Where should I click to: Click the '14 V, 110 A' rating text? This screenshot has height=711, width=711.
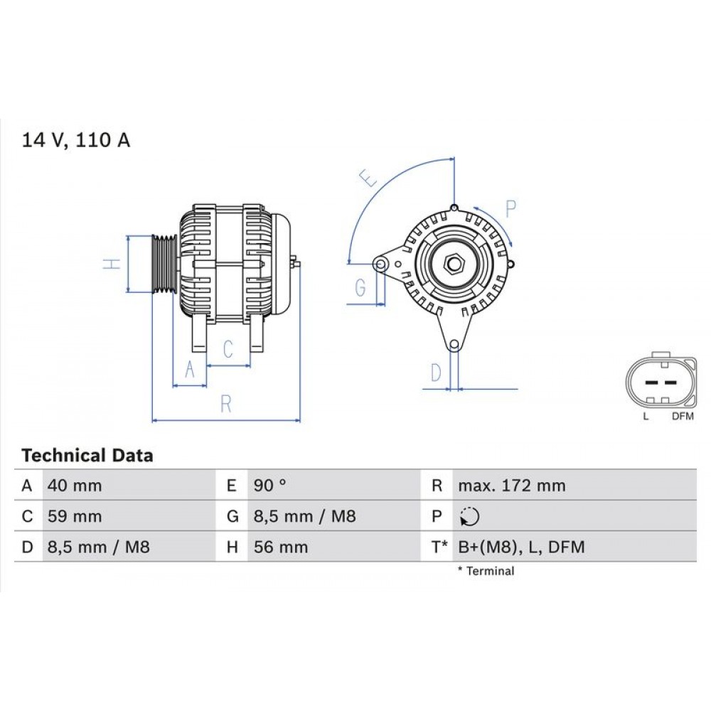[76, 140]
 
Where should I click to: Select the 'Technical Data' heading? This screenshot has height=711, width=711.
[87, 455]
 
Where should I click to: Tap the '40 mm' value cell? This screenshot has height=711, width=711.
[74, 486]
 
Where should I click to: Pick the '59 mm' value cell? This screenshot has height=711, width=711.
[74, 517]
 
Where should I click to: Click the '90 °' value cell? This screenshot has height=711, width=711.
[270, 486]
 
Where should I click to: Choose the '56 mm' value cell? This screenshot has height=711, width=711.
[281, 547]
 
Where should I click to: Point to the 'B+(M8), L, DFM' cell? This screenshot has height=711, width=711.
[520, 547]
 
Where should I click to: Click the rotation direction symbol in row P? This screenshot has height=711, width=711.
[469, 517]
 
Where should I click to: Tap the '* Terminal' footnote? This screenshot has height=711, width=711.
[486, 571]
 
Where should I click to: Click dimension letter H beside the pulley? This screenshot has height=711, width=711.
[109, 264]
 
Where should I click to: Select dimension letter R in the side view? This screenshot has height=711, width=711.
[226, 404]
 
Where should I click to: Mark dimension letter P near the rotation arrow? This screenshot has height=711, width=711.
[510, 208]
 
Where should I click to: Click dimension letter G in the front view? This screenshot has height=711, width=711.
[360, 288]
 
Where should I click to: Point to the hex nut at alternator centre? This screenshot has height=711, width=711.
[453, 264]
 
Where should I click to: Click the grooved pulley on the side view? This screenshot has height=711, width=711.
[165, 264]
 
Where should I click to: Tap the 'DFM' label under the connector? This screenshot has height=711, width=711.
[682, 417]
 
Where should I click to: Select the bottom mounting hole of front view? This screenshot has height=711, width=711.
[453, 345]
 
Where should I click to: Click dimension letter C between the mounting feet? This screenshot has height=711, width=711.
[228, 349]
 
